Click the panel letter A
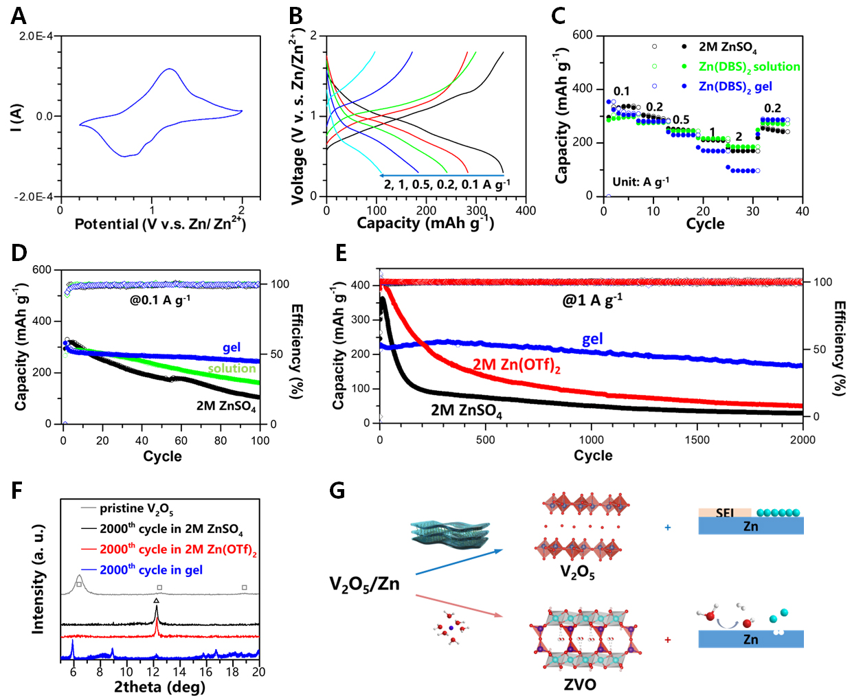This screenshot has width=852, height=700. (19, 15)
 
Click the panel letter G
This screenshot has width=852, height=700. (337, 490)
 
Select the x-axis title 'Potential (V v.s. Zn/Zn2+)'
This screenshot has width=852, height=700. (160, 224)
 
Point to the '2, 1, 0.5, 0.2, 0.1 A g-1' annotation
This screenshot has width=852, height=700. (447, 184)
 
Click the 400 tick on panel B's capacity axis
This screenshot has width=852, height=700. (526, 211)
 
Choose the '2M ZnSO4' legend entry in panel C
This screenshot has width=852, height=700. (728, 47)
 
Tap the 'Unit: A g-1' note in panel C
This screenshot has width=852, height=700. (640, 182)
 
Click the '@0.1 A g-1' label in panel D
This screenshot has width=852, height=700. (160, 300)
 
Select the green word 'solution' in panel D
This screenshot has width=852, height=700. (232, 369)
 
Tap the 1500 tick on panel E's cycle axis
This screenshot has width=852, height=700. (697, 440)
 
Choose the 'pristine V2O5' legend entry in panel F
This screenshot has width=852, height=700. (136, 509)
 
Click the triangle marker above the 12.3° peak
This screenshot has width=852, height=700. (157, 600)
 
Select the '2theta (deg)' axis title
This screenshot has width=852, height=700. (159, 687)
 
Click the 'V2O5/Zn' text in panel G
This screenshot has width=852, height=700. (364, 585)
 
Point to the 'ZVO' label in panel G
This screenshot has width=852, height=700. (580, 684)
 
